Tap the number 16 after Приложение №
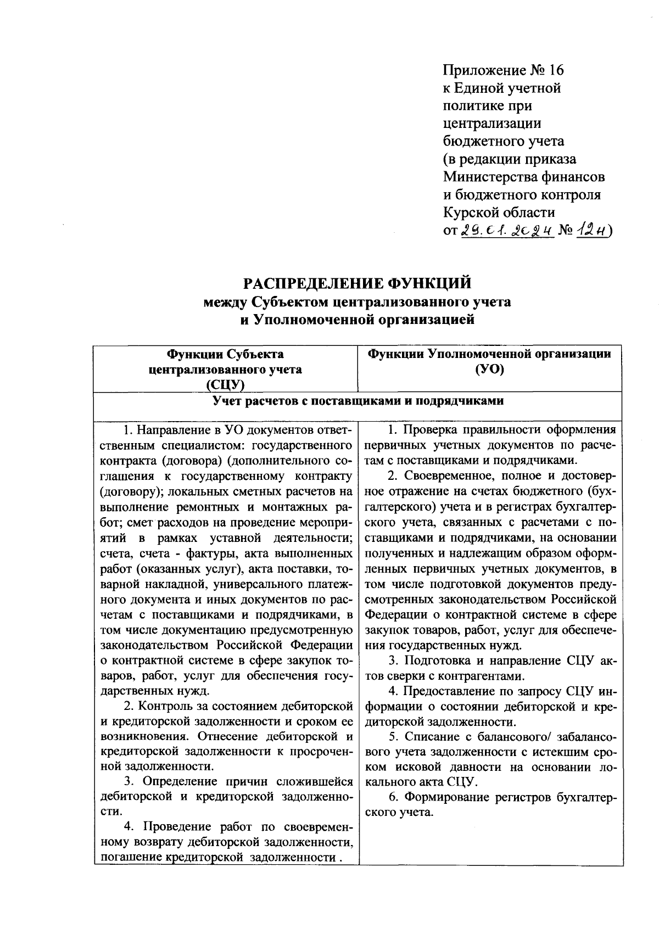(555, 71)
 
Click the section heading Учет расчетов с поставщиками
(358, 401)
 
